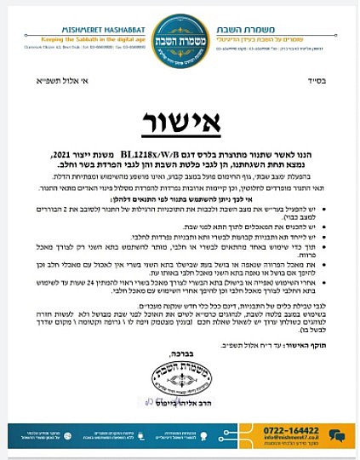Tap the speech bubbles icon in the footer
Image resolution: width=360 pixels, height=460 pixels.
[338, 436]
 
